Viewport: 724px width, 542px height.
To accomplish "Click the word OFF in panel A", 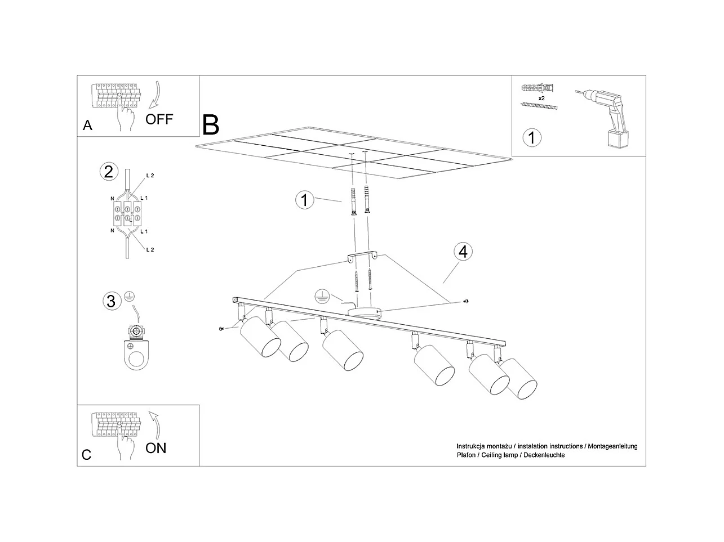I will point(159,119).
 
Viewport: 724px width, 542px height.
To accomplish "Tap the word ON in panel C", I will point(156,448).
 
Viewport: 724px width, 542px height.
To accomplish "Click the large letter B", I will point(211,125).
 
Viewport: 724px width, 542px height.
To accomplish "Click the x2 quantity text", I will point(541,98).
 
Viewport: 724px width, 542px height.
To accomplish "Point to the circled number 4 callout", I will point(463,252).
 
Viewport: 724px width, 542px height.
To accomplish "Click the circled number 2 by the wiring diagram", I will point(108,171).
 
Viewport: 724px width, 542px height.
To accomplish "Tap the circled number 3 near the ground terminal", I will point(111,301).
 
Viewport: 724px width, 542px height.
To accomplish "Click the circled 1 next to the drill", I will point(532,137).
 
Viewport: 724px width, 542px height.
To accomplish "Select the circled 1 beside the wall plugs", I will point(305,199).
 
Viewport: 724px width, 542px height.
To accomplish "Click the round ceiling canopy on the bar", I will point(364,312).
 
